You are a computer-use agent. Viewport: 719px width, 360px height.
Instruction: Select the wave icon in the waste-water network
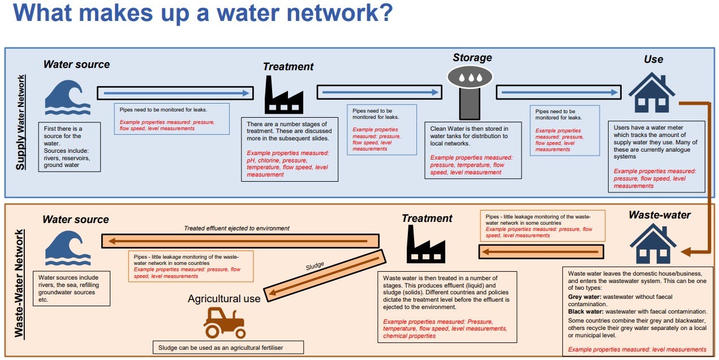[x=67, y=249]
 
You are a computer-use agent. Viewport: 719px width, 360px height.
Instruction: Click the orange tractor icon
[x=224, y=323]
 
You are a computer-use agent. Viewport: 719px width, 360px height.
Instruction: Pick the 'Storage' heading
[x=472, y=58]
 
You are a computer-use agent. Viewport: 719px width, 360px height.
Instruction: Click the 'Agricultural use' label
[x=224, y=298]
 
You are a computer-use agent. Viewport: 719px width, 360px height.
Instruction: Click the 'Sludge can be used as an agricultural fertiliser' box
[x=228, y=347]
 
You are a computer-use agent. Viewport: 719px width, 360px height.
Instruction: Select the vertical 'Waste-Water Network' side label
[x=20, y=283]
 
